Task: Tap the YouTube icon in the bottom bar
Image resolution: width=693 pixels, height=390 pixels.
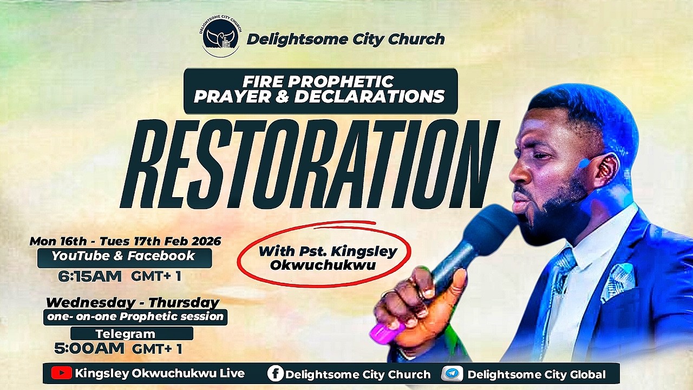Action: tap(61, 373)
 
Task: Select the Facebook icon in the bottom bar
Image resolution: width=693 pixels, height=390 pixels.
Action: tap(275, 373)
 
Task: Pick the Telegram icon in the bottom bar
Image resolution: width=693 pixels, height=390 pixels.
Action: tap(452, 373)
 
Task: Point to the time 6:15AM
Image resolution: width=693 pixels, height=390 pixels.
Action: tap(90, 276)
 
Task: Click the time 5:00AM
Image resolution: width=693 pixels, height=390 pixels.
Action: tap(89, 348)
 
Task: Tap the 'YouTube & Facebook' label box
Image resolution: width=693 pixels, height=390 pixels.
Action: tap(124, 257)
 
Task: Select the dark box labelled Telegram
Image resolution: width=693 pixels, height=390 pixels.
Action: tap(132, 334)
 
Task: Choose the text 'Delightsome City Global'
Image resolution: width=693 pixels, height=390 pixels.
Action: tap(536, 374)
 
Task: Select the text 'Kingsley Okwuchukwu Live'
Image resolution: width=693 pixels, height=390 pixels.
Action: tap(160, 373)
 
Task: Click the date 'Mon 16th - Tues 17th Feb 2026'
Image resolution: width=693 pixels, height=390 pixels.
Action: tap(125, 241)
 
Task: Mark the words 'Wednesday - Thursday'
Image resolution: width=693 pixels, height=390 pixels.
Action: tap(133, 302)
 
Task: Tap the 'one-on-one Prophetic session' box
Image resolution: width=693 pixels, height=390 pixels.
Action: tap(135, 317)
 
